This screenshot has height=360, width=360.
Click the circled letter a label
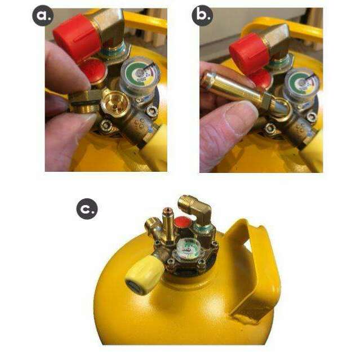pos(41,16)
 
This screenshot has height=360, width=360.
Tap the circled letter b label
pos(202,16)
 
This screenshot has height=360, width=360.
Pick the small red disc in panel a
pos(92,70)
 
